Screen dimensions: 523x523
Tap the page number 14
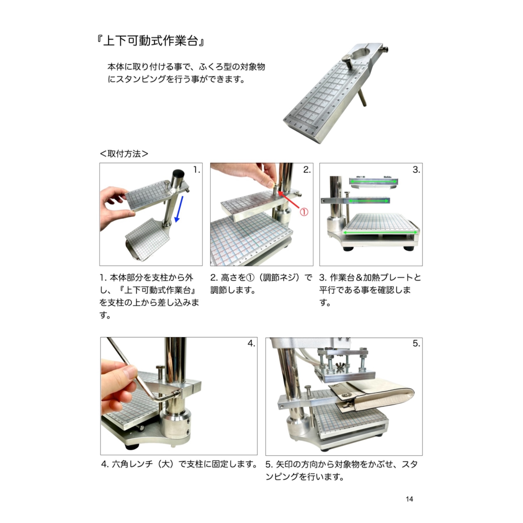pyautogui.click(x=409, y=499)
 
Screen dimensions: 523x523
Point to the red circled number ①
pyautogui.click(x=304, y=212)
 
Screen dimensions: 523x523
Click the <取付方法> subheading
pyautogui.click(x=124, y=154)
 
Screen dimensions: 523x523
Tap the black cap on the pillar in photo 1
pyautogui.click(x=178, y=174)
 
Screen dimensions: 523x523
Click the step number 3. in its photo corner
pyautogui.click(x=416, y=170)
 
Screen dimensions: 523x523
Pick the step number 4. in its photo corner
pyautogui.click(x=251, y=343)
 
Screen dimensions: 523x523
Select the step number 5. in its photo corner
pyautogui.click(x=416, y=343)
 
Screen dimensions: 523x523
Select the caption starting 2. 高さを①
pyautogui.click(x=261, y=284)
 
